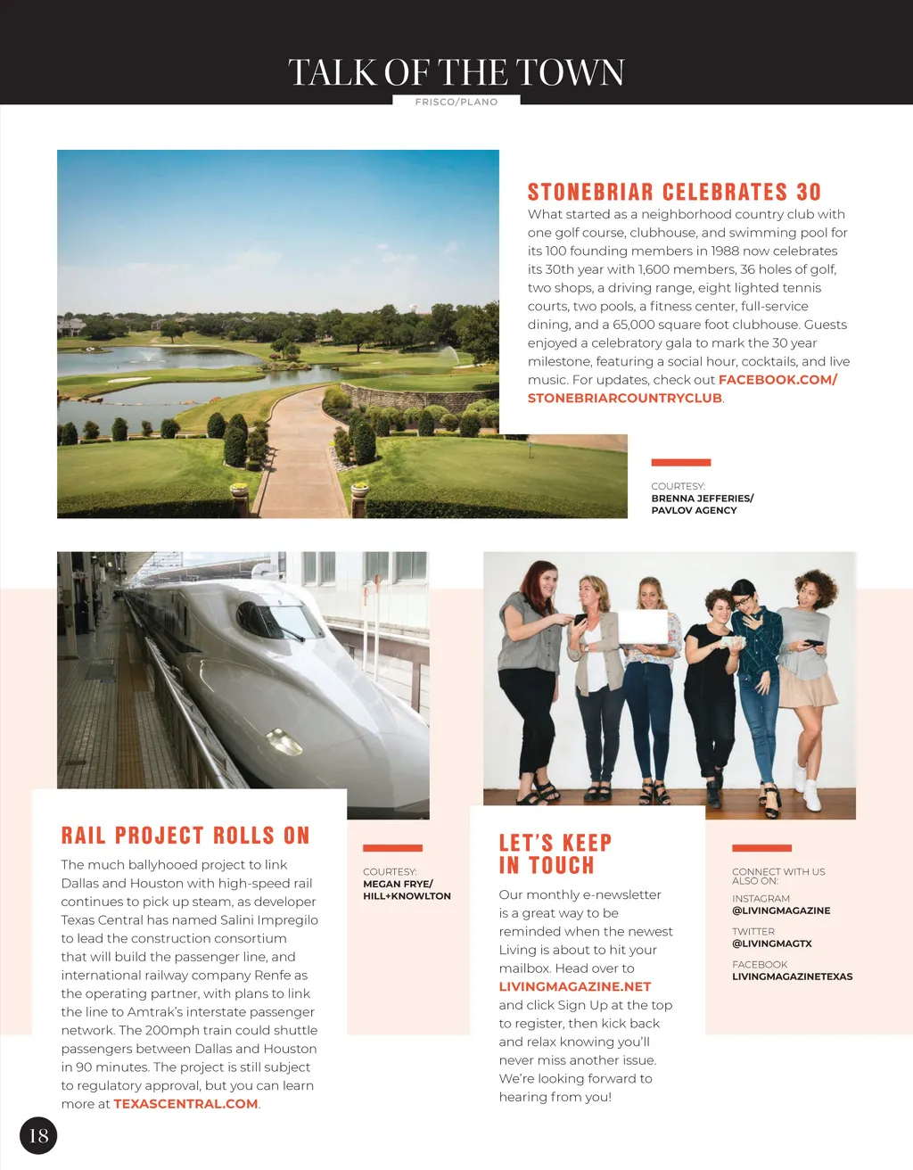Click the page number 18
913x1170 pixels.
pos(38,1135)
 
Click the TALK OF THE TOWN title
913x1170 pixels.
pos(456,72)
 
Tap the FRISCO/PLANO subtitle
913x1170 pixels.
pos(456,102)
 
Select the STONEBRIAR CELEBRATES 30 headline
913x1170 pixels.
pos(673,192)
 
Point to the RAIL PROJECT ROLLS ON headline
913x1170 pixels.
pos(185,836)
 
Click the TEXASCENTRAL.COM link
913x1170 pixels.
pos(185,1104)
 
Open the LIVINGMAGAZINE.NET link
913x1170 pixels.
pos(574,986)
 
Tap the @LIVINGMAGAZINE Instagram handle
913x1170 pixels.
pos(780,910)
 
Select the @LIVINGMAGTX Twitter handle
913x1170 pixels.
pos(771,943)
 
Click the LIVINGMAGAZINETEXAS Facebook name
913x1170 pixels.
pos(792,976)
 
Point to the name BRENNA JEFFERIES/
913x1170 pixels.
pos(702,498)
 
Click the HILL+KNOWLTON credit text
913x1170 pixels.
pos(407,896)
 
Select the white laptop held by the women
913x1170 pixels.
pos(643,627)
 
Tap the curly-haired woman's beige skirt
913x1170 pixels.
pos(807,687)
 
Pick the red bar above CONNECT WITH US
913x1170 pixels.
pos(761,847)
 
